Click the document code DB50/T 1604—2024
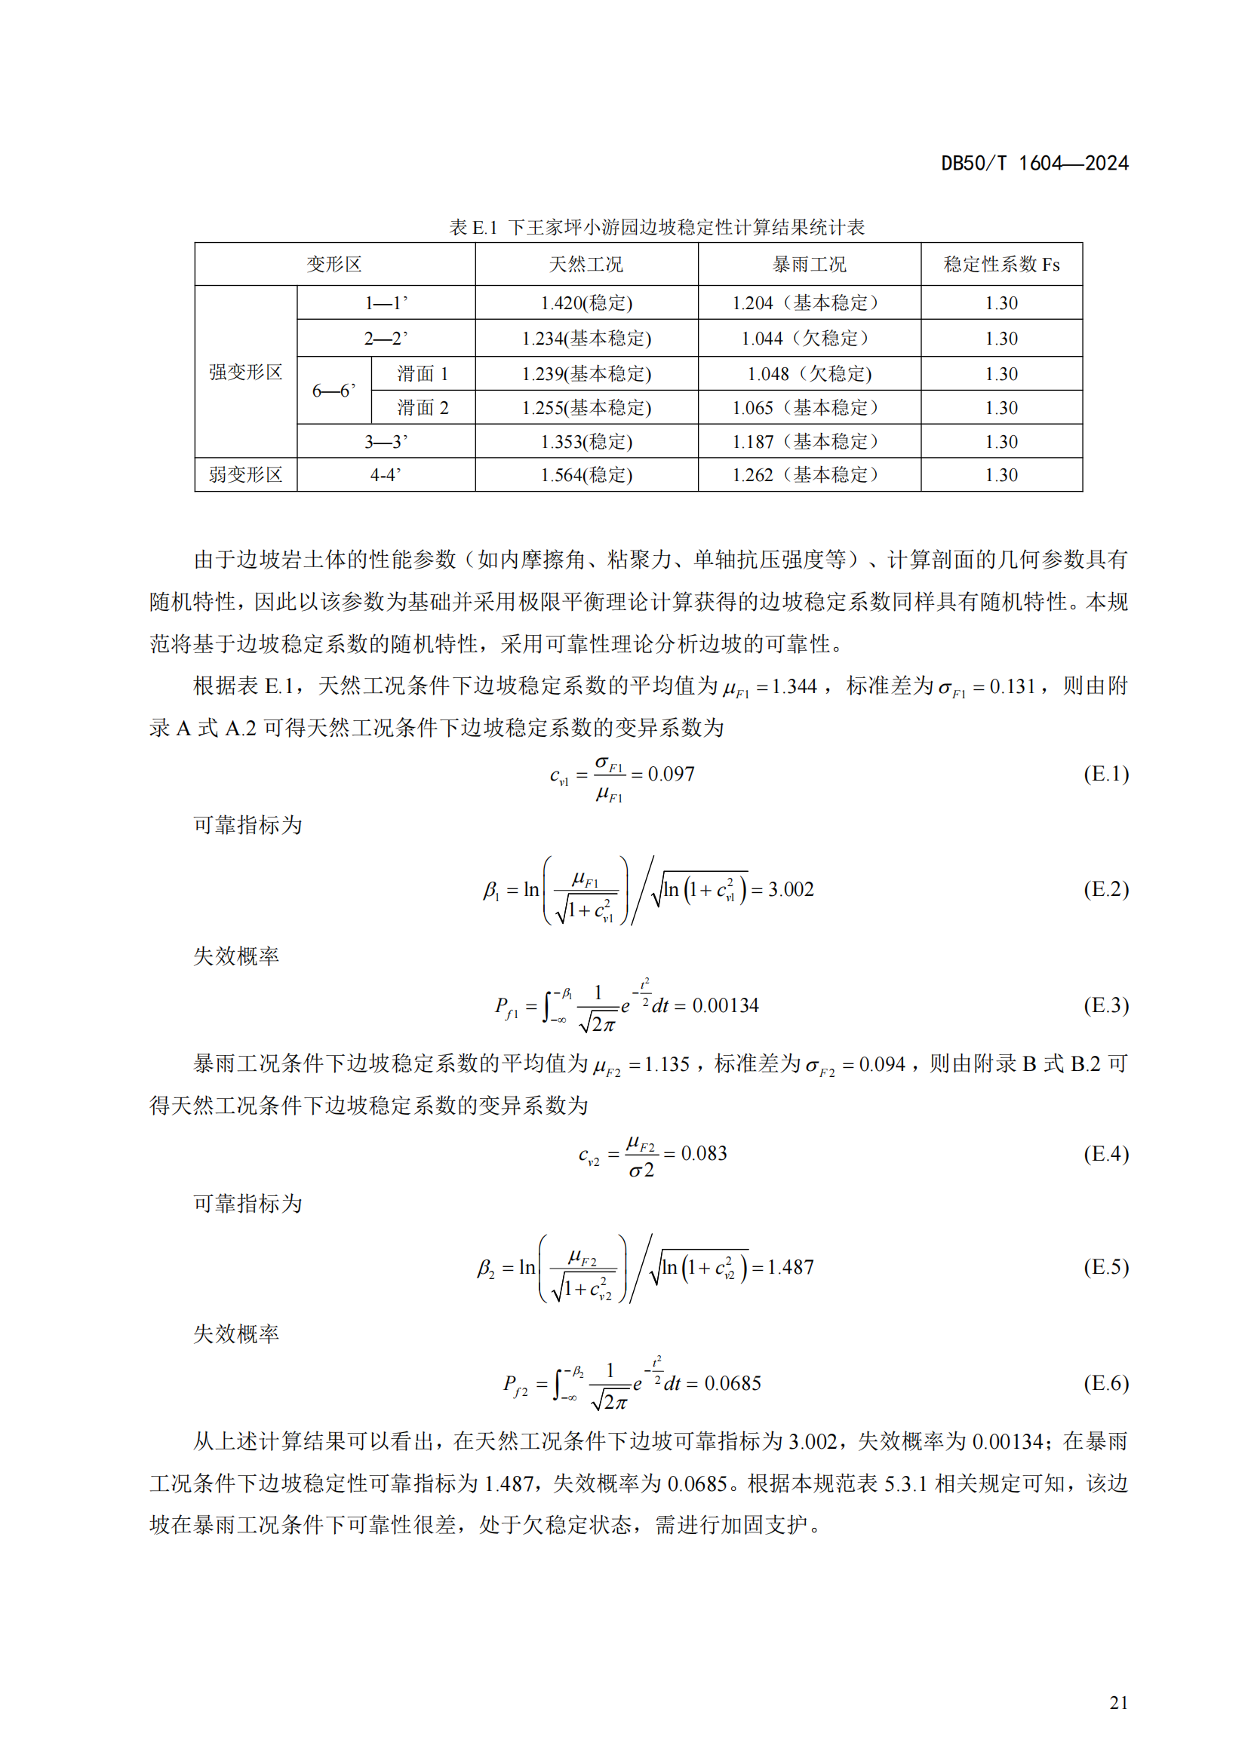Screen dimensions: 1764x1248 click(x=1034, y=163)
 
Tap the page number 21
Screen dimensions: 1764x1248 click(x=1118, y=1703)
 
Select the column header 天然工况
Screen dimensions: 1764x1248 click(x=586, y=264)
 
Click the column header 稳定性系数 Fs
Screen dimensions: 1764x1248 click(x=1001, y=264)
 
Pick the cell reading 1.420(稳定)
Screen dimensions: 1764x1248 click(x=586, y=303)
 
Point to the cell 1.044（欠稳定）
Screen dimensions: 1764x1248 click(x=808, y=338)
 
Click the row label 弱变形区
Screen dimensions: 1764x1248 click(x=245, y=475)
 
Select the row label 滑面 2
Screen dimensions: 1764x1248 click(x=422, y=408)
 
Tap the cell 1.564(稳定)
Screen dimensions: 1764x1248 click(x=586, y=476)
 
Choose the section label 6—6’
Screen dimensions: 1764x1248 click(x=334, y=391)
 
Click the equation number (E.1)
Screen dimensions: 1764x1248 click(x=1105, y=774)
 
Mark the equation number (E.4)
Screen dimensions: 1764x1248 click(x=1105, y=1153)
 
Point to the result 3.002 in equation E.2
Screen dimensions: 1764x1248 click(x=791, y=890)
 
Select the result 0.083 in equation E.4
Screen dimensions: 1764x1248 click(x=704, y=1153)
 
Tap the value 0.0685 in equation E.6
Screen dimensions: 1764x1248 click(x=733, y=1384)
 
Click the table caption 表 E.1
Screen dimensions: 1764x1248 click(x=472, y=228)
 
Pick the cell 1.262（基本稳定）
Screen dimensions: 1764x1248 click(x=808, y=476)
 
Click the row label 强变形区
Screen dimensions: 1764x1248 click(x=245, y=373)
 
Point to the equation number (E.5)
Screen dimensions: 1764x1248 click(x=1105, y=1267)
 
